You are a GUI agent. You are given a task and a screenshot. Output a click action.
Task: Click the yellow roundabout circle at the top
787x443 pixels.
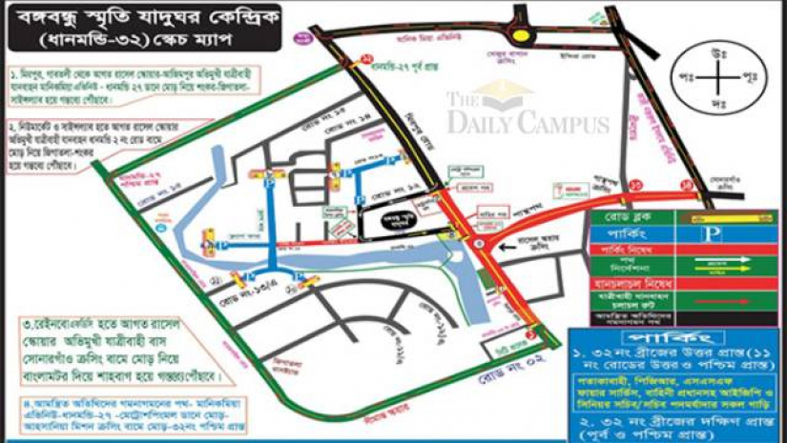[x=522, y=36]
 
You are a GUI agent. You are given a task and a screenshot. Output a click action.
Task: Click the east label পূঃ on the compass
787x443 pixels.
[x=764, y=76]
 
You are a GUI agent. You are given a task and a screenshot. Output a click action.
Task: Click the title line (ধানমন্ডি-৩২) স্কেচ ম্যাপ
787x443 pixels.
[x=139, y=45]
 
